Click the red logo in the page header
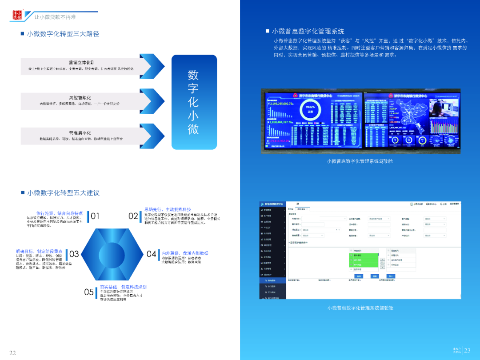click(17, 15)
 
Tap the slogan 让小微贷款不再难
click(56, 17)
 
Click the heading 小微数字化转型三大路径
click(63, 34)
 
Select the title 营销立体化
click(81, 62)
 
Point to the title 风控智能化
click(80, 97)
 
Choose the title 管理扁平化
click(80, 133)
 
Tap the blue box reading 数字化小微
click(193, 102)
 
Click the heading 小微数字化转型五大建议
click(63, 193)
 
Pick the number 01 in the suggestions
click(95, 216)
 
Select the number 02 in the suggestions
click(133, 216)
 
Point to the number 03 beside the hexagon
click(74, 254)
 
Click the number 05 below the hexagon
click(89, 292)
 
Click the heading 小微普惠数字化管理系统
click(308, 32)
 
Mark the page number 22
click(12, 353)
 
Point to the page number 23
click(467, 350)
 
